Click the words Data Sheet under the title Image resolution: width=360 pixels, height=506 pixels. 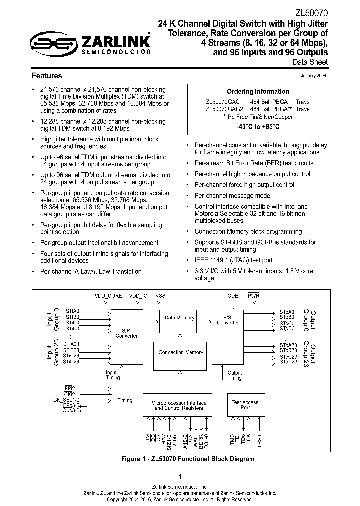[x=310, y=62]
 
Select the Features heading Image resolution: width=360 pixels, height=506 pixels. [x=47, y=76]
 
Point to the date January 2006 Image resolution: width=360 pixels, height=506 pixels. [x=314, y=76]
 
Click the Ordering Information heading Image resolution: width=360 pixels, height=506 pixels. [x=258, y=92]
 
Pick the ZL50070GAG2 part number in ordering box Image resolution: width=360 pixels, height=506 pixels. [x=224, y=109]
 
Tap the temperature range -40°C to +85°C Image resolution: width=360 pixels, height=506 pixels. [x=258, y=127]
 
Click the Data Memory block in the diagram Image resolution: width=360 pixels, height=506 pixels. [x=180, y=318]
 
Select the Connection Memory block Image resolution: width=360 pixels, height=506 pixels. [x=180, y=352]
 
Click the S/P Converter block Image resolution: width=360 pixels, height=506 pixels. [x=126, y=333]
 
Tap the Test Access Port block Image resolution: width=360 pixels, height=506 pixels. [x=245, y=404]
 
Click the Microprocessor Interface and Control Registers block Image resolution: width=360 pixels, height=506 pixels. [x=179, y=405]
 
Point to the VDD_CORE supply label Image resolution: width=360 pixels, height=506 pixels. [x=108, y=296]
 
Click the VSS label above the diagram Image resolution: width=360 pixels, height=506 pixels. [x=160, y=296]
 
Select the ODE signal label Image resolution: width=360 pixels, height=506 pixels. [x=233, y=296]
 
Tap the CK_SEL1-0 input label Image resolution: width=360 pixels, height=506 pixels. [x=63, y=400]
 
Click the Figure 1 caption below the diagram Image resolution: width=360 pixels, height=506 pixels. [x=180, y=459]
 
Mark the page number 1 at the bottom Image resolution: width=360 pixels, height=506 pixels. [x=180, y=477]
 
